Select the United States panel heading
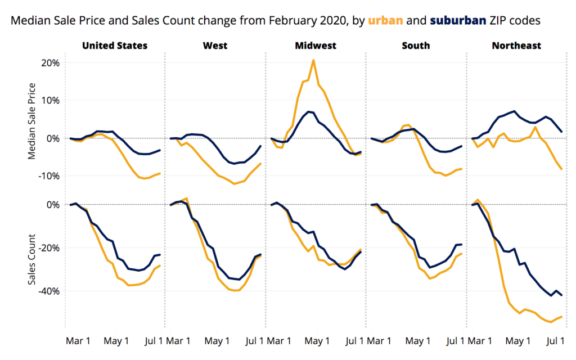pos(115,46)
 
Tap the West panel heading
pos(215,46)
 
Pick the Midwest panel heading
pos(316,46)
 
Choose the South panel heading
pos(416,46)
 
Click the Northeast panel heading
pos(516,46)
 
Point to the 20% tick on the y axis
pos(50,62)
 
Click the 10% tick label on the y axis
pos(50,100)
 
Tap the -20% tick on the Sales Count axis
pos(48,248)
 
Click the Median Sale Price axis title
pos(32,121)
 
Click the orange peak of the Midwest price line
pos(313,60)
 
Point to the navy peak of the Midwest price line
pos(309,111)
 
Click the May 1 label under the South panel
pos(417,341)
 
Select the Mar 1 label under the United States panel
pos(78,341)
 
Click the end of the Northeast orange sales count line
pos(561,317)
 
